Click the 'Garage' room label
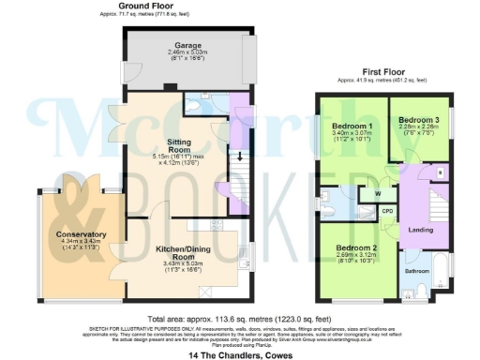[x=184, y=43]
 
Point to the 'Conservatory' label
[x=80, y=234]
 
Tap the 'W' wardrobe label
[x=377, y=194]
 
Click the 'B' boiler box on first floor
[x=442, y=172]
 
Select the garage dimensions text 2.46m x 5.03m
[x=184, y=52]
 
